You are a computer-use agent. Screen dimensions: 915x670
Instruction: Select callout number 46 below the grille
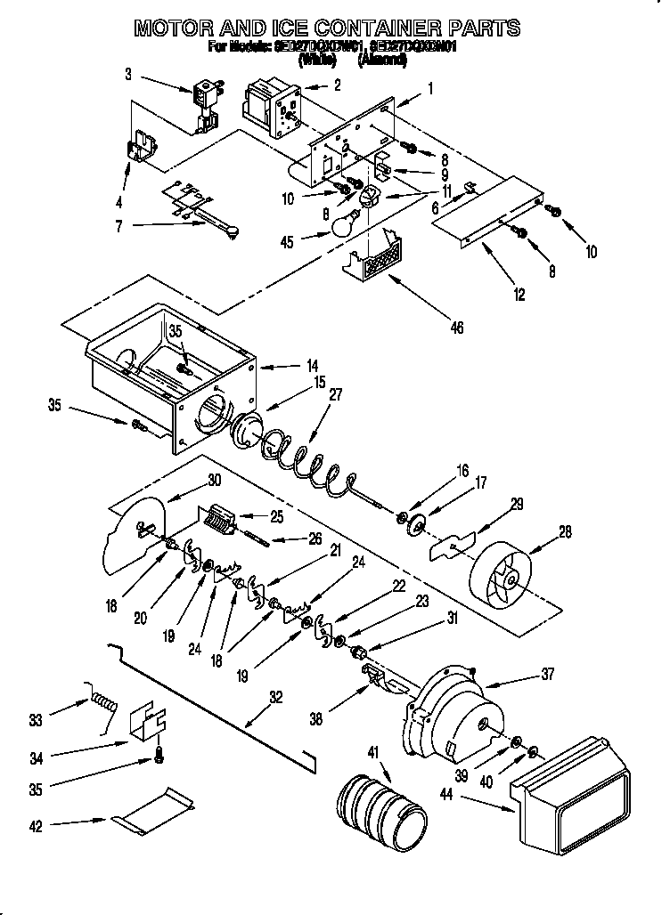pyautogui.click(x=456, y=328)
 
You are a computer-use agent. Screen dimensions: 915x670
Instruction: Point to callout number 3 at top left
pyautogui.click(x=129, y=74)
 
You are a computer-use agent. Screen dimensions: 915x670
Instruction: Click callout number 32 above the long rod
pyautogui.click(x=275, y=698)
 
